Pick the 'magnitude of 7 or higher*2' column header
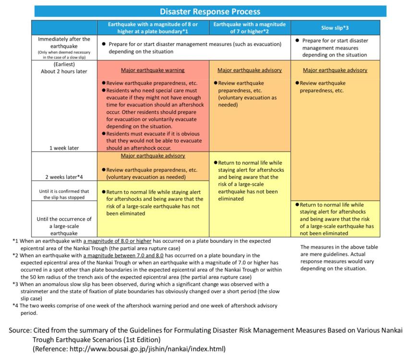pyautogui.click(x=249, y=28)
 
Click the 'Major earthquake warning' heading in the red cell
pyautogui.click(x=153, y=70)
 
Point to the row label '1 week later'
pyautogui.click(x=64, y=148)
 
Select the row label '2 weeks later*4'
pyautogui.click(x=64, y=177)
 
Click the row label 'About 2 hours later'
pyautogui.click(x=64, y=72)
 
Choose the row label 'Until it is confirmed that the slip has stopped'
pyautogui.click(x=64, y=194)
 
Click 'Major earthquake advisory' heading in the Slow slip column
pyautogui.click(x=335, y=70)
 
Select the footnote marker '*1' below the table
pyautogui.click(x=16, y=241)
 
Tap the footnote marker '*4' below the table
pyautogui.click(x=16, y=305)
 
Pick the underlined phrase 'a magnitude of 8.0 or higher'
pyautogui.click(x=120, y=241)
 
